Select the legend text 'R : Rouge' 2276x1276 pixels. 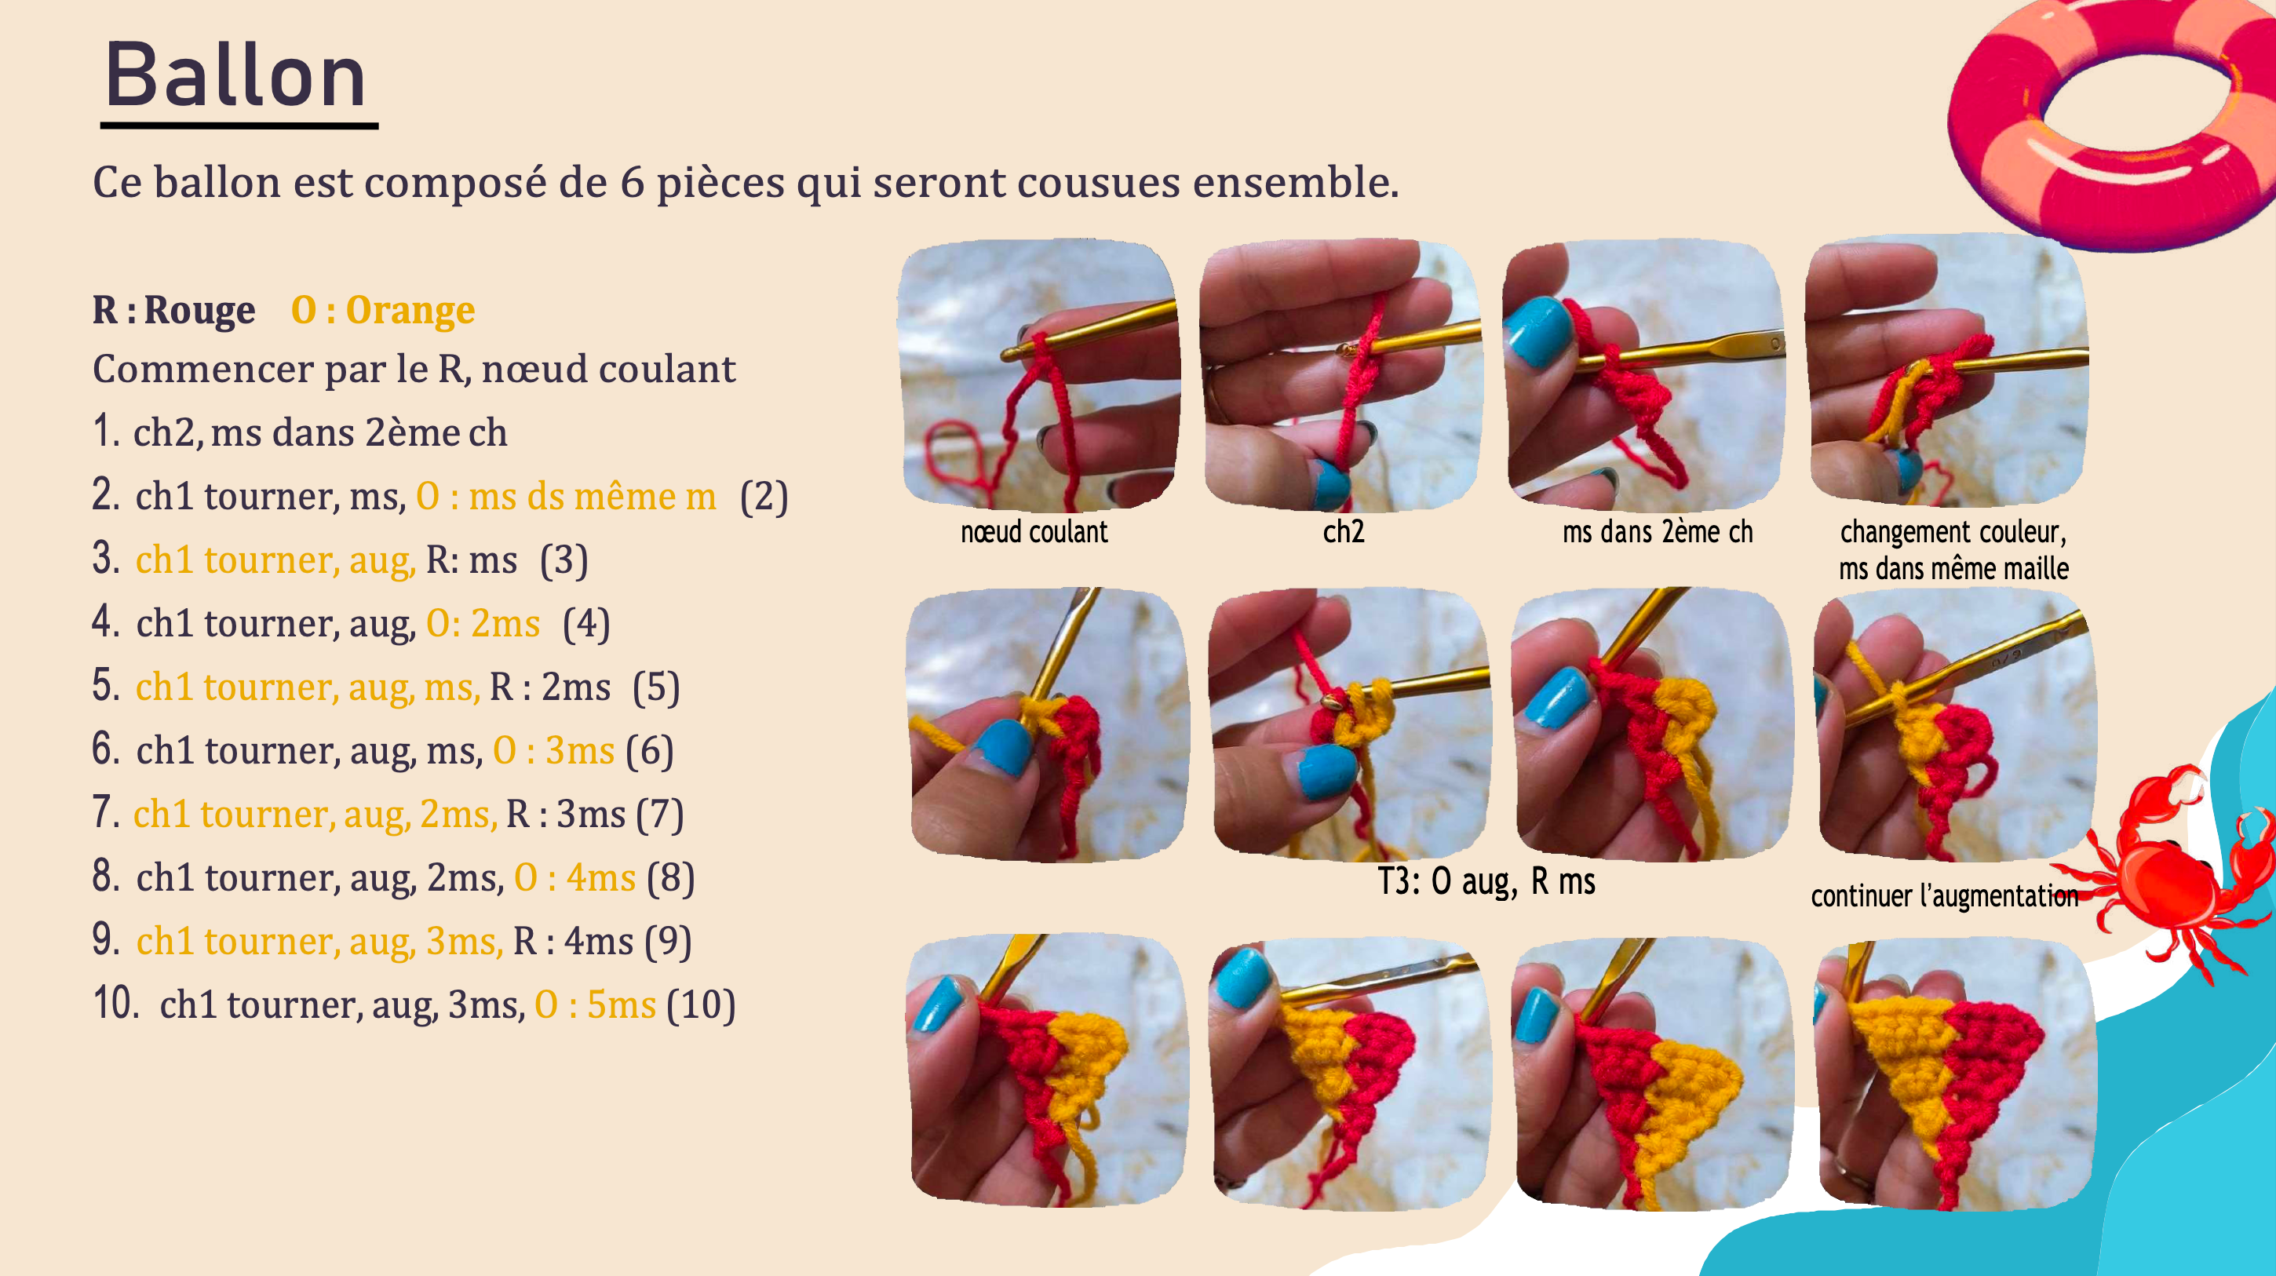point(173,310)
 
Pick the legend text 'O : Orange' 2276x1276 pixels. point(382,310)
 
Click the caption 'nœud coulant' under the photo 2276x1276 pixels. point(1034,532)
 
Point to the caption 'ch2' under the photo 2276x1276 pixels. point(1343,532)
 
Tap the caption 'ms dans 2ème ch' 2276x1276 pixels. point(1658,532)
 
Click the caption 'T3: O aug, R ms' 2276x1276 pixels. point(1486,882)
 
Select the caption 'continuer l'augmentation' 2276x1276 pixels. point(1944,896)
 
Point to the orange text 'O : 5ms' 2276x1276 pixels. point(595,1004)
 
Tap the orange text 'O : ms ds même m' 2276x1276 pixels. point(565,497)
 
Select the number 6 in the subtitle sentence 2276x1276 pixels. point(632,183)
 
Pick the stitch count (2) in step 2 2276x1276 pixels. point(764,497)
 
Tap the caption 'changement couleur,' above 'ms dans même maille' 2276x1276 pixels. point(1953,532)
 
